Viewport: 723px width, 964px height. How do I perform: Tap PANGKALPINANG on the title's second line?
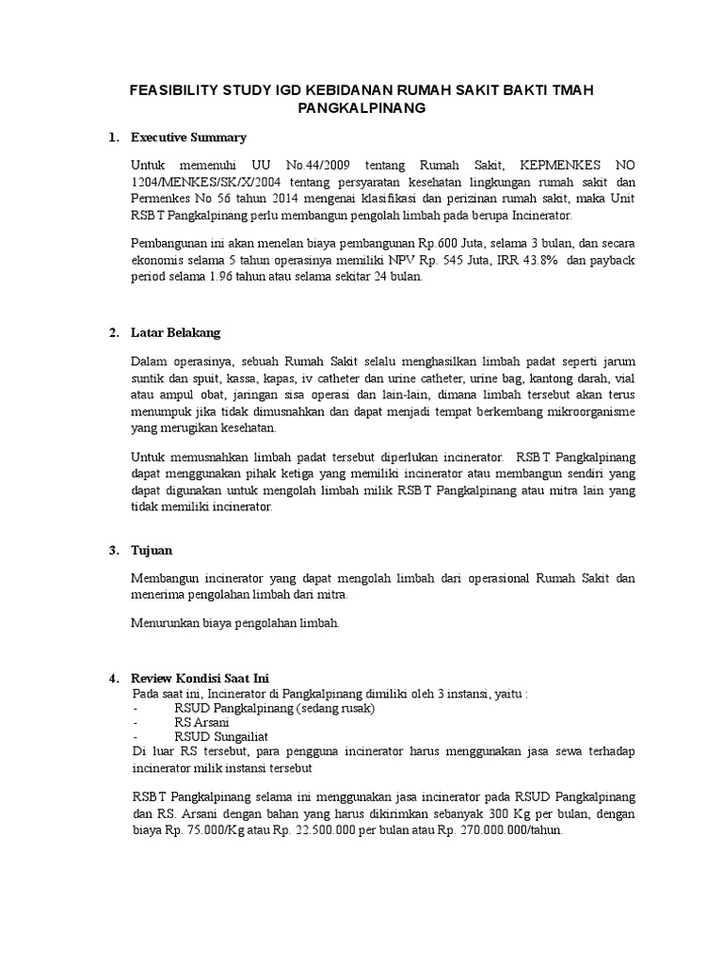[361, 109]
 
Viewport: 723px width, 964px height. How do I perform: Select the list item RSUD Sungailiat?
[221, 737]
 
